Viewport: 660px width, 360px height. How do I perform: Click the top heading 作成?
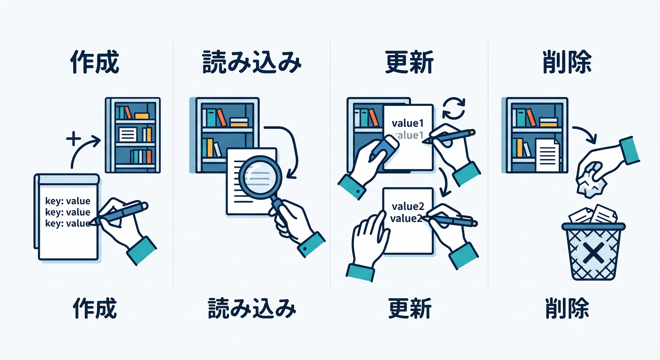pos(95,62)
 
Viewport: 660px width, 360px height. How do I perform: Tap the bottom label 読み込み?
pos(252,308)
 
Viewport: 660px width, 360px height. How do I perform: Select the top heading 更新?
pos(409,62)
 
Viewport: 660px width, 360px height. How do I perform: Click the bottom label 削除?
pos(567,308)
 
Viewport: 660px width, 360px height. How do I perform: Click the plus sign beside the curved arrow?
pos(74,139)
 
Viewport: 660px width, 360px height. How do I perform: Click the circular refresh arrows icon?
pos(454,108)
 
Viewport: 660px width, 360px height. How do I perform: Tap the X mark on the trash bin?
pos(593,253)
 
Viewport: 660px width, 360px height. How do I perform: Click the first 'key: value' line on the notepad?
pos(68,201)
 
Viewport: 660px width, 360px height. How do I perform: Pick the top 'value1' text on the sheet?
pos(407,123)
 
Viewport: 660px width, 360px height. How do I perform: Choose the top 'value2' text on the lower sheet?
pos(408,207)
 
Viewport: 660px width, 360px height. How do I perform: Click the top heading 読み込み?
pos(252,62)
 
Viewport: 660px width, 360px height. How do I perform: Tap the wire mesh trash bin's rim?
pos(593,226)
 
